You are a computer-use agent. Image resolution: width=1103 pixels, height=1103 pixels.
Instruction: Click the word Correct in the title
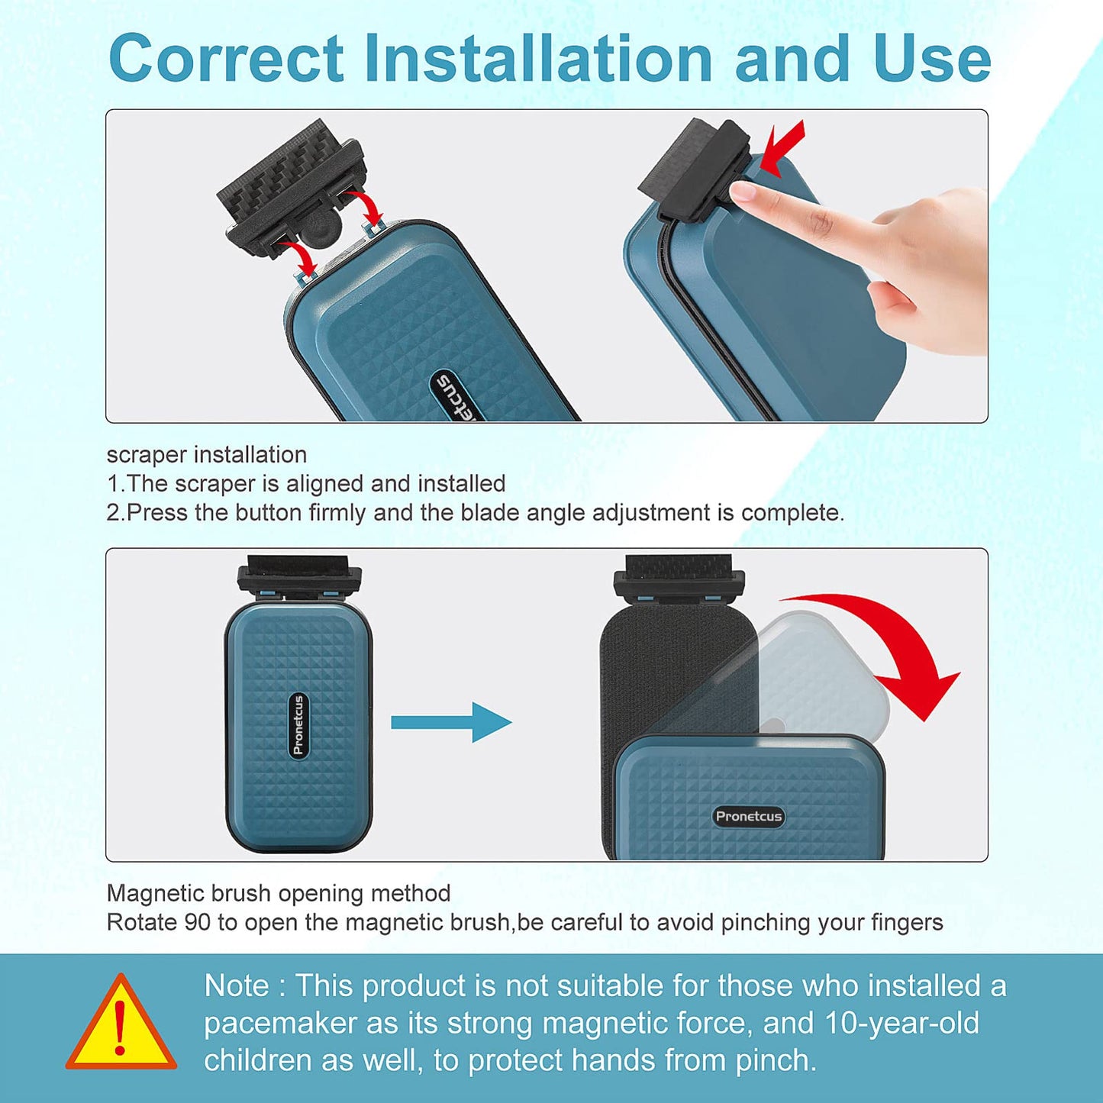tap(226, 58)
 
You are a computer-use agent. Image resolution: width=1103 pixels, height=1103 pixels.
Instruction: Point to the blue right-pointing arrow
tap(451, 722)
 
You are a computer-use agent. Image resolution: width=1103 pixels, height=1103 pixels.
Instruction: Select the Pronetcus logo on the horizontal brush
tap(749, 816)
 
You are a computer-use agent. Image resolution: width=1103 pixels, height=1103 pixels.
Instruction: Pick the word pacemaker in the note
tap(279, 1023)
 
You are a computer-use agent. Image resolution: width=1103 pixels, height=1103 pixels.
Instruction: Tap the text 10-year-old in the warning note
tap(901, 1023)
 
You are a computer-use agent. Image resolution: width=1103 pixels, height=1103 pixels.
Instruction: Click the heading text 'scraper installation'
tap(207, 455)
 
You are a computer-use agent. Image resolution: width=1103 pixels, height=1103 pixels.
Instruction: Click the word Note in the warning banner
tap(237, 985)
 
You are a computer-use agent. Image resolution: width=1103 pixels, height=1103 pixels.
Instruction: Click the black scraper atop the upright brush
tap(299, 576)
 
